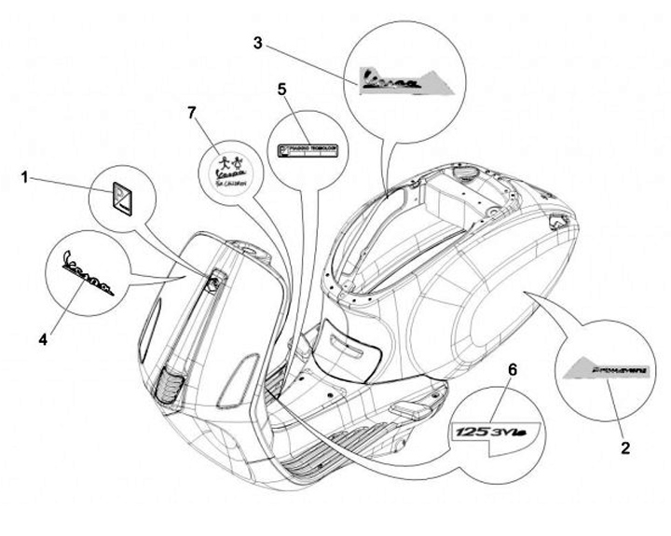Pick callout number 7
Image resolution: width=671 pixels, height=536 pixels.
click(x=192, y=113)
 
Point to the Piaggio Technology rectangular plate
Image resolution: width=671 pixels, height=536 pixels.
click(x=308, y=149)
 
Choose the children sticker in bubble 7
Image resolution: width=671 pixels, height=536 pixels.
click(x=230, y=170)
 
